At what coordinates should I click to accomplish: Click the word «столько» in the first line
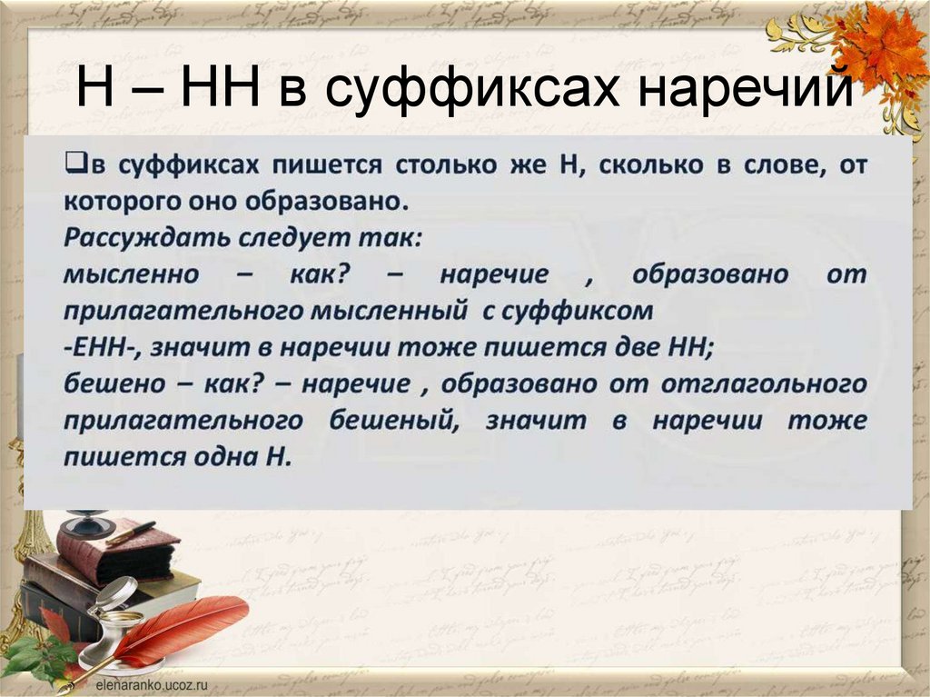(x=439, y=165)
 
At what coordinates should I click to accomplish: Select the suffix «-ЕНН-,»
(x=100, y=347)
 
